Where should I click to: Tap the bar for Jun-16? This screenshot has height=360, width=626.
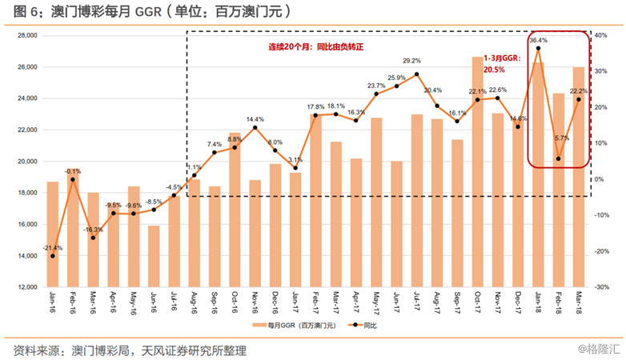tap(154, 256)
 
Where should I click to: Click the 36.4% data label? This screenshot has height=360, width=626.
tap(538, 39)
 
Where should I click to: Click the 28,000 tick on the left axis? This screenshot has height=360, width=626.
tap(28, 36)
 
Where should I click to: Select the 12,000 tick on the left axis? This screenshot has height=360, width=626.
tap(28, 287)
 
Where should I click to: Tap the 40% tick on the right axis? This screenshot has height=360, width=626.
tap(603, 36)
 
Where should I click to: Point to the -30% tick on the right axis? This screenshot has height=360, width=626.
tap(603, 287)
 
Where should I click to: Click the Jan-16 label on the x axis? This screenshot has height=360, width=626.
tap(53, 303)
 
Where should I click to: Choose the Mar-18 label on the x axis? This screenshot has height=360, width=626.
tap(579, 303)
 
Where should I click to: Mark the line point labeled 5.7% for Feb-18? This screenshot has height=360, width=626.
tap(558, 158)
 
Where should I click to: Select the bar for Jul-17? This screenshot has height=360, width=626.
tap(417, 200)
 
